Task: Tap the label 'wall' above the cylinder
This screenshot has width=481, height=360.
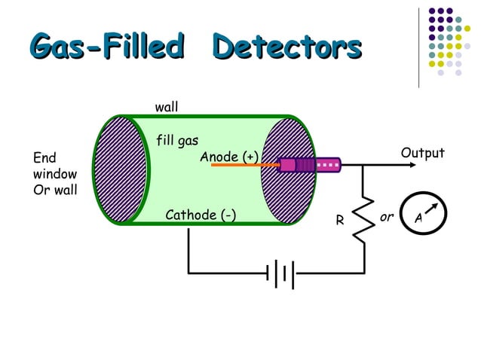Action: pyautogui.click(x=167, y=108)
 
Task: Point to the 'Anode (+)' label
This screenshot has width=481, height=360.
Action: pyautogui.click(x=229, y=157)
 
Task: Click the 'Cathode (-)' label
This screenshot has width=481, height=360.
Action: pyautogui.click(x=200, y=216)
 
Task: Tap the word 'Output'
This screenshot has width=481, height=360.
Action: pyautogui.click(x=422, y=153)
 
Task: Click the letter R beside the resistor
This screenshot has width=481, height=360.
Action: pyautogui.click(x=340, y=221)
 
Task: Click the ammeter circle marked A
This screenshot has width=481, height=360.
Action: pyautogui.click(x=420, y=217)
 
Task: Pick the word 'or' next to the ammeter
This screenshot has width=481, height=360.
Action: pyautogui.click(x=387, y=217)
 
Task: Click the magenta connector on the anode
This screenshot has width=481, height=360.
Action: pyautogui.click(x=309, y=164)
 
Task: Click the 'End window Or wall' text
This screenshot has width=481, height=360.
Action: pyautogui.click(x=55, y=173)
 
